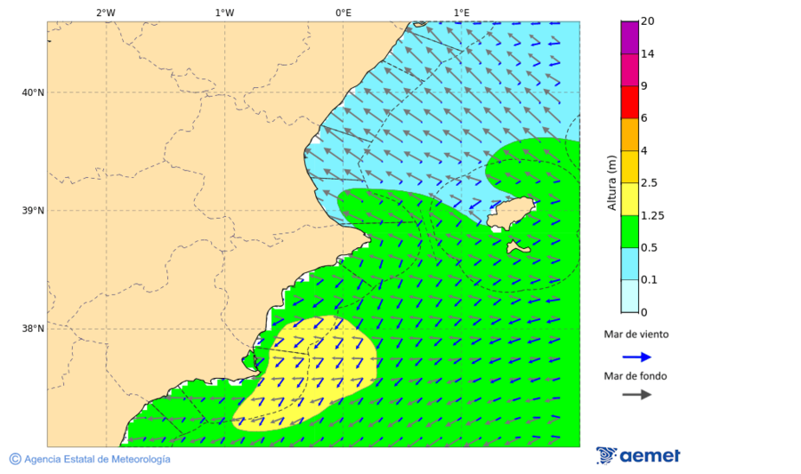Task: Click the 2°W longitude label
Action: [x=105, y=12]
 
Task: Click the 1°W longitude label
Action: [x=224, y=12]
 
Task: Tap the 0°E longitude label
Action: [x=343, y=12]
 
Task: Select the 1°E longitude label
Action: [x=461, y=12]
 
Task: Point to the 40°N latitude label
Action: [x=33, y=92]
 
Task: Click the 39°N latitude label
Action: [x=33, y=211]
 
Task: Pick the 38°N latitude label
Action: [x=33, y=329]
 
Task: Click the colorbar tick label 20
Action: [x=648, y=21]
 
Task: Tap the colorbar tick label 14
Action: [x=648, y=53]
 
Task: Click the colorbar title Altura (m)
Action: [x=611, y=182]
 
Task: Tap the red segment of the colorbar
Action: [x=629, y=102]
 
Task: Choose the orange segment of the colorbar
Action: [x=629, y=134]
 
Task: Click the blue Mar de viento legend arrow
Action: [x=636, y=357]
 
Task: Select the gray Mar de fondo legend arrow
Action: [x=636, y=395]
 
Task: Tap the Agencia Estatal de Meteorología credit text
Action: [x=96, y=459]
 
